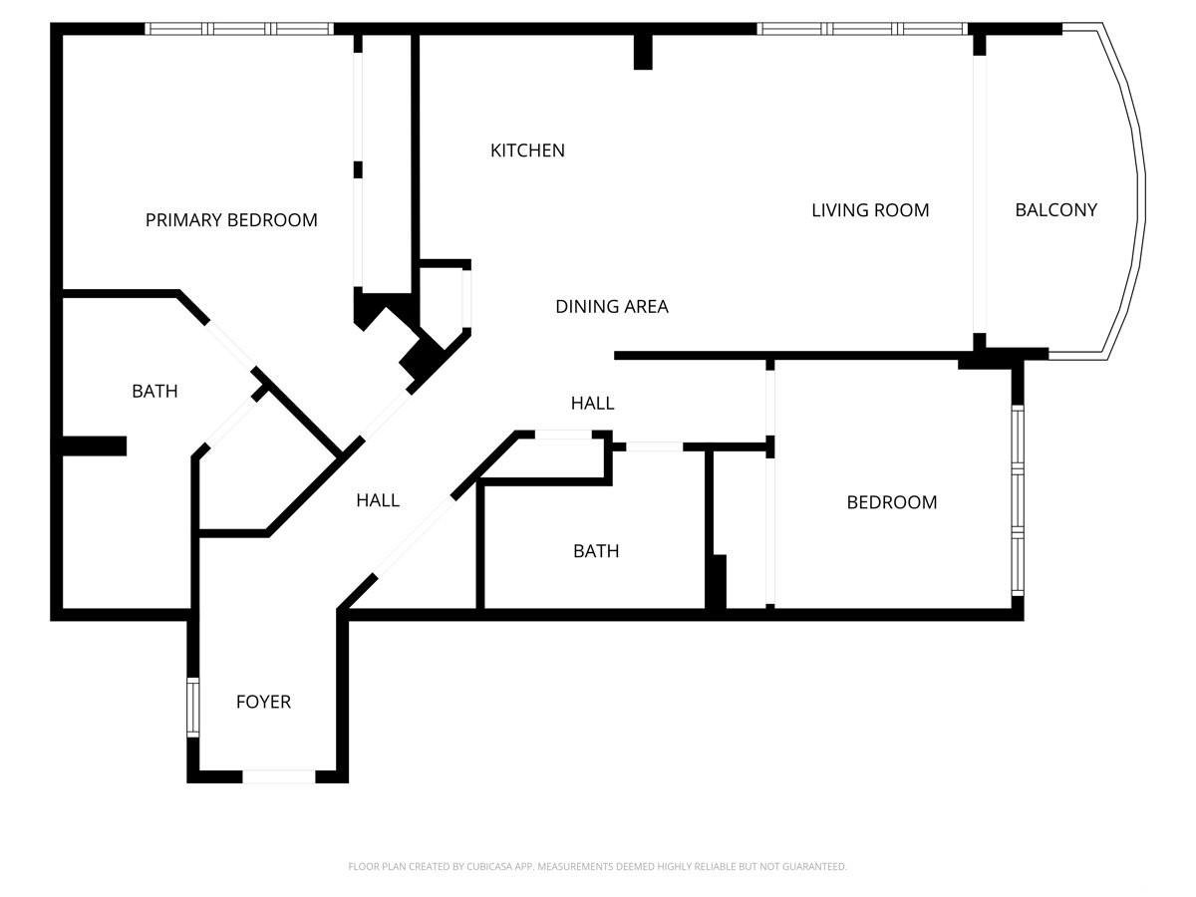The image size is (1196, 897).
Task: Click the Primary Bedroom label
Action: (x=231, y=220)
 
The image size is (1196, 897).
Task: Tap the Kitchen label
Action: (x=527, y=150)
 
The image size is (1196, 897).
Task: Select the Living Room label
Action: (x=870, y=210)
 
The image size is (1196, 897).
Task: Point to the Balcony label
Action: (x=1055, y=209)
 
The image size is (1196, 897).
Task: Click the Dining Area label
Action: (x=612, y=307)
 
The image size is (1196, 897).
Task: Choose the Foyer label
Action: (x=263, y=702)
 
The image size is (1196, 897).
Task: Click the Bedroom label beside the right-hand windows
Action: (x=892, y=502)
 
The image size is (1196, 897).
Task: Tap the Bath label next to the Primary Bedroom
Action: (x=154, y=391)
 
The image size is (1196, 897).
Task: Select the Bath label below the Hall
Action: (x=596, y=551)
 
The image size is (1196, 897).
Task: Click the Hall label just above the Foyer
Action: (x=378, y=500)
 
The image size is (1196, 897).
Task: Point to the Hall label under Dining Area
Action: (x=592, y=403)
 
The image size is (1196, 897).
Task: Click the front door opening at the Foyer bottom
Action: (x=279, y=776)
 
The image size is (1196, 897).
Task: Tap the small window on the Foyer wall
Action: (x=193, y=708)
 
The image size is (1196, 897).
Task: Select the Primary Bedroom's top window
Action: (x=239, y=29)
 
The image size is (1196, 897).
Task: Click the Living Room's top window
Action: (x=862, y=29)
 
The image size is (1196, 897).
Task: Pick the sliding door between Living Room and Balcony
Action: (x=979, y=194)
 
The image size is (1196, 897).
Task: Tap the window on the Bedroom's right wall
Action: (x=1018, y=500)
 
